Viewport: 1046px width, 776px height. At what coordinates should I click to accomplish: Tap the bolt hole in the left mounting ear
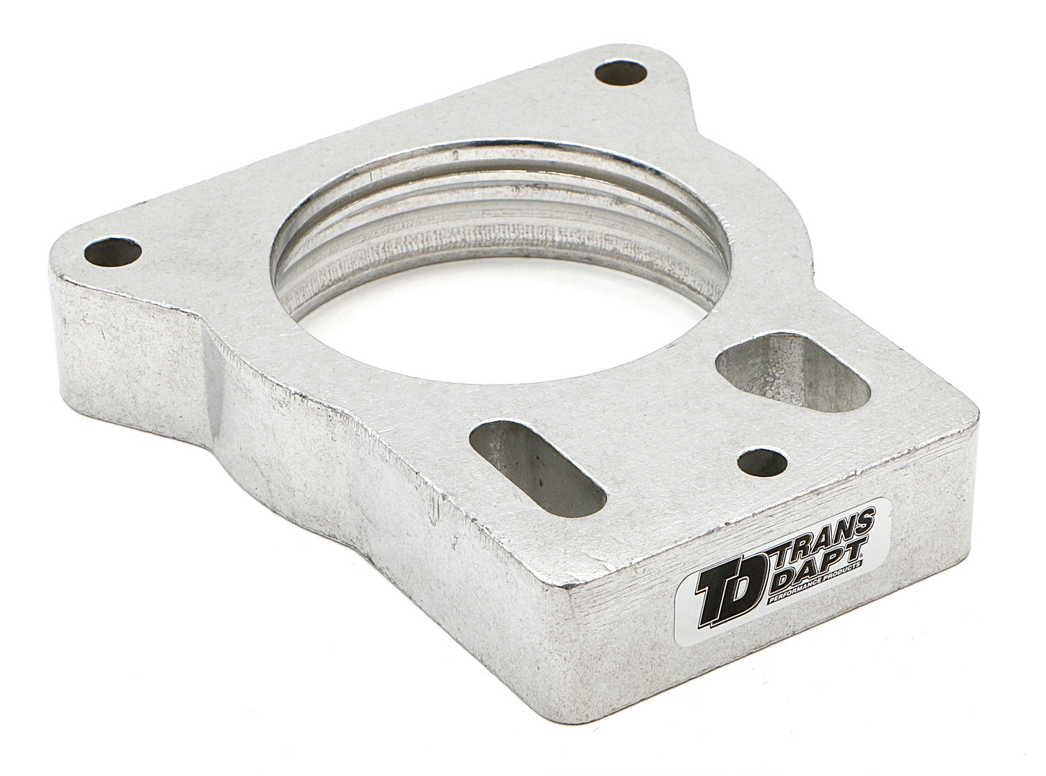click(x=113, y=252)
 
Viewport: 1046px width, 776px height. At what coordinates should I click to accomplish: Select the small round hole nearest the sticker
click(x=762, y=462)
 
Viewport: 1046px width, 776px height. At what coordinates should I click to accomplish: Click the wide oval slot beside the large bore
click(x=793, y=372)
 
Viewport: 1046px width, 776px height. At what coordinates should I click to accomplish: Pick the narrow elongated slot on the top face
click(x=538, y=469)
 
